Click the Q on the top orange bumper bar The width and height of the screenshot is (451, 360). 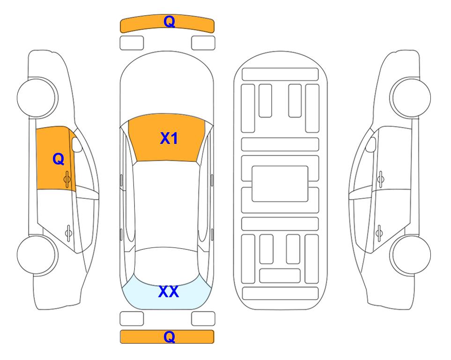point(169,22)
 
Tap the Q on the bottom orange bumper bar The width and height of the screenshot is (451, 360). point(169,337)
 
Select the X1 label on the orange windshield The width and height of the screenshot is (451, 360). point(169,138)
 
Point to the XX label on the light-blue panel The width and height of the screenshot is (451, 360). point(169,292)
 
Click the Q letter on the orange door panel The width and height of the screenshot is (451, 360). point(59,159)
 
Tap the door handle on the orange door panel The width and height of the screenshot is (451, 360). point(67,179)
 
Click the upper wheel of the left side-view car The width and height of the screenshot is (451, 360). point(37,97)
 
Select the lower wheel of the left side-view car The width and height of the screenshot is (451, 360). point(37,255)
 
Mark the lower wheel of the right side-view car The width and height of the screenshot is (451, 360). point(411,255)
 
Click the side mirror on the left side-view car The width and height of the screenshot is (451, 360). point(77,145)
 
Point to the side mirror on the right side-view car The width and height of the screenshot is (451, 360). point(371,145)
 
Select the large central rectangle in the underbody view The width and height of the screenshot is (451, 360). point(280,184)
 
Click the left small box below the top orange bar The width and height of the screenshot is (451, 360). point(132,43)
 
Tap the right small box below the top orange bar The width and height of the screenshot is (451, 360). point(203,43)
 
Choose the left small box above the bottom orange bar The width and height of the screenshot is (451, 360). point(132,319)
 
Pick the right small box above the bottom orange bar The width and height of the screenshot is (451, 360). point(203,319)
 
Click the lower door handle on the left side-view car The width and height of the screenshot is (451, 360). point(68,232)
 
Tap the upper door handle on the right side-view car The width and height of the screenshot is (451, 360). point(381,179)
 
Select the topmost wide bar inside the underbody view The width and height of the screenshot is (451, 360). point(280,75)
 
